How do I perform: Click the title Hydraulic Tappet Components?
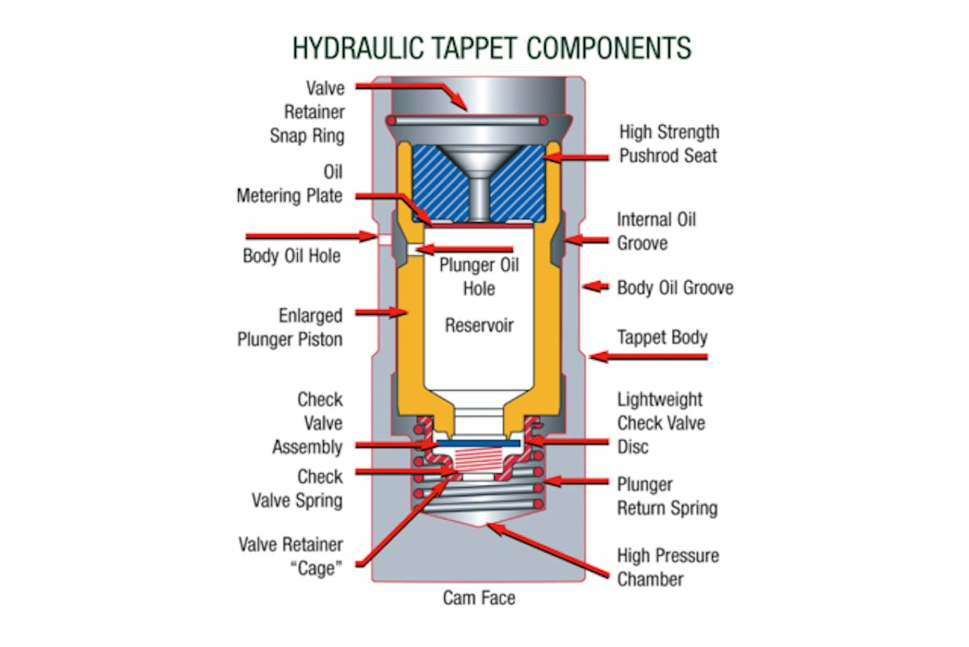[491, 48]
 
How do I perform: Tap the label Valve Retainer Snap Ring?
[307, 111]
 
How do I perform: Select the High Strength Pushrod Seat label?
[668, 143]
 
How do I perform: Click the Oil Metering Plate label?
[290, 184]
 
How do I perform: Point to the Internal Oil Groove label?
[656, 230]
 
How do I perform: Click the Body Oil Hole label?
[292, 256]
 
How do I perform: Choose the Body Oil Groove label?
[675, 288]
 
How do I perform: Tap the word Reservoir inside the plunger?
[479, 326]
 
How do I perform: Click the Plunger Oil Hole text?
[479, 276]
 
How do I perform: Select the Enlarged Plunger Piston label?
[290, 327]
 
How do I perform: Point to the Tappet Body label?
[661, 337]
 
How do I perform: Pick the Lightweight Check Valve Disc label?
[660, 422]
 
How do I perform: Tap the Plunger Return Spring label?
[667, 496]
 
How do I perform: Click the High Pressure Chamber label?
[668, 567]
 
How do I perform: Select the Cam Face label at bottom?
[479, 598]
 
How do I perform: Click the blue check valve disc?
[480, 443]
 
